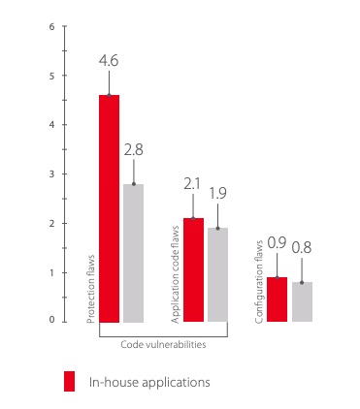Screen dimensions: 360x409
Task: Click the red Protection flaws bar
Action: click(109, 208)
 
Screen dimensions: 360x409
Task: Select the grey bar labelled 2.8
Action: click(134, 253)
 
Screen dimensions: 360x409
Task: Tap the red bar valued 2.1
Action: click(193, 270)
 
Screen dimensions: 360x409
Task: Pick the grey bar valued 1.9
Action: click(217, 275)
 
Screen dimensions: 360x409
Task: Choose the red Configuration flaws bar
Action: click(278, 299)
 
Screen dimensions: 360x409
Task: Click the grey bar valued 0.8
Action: click(302, 301)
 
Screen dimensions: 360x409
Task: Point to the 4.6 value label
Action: click(109, 61)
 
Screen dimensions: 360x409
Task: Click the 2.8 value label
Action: click(134, 150)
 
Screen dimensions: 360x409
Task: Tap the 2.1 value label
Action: click(192, 184)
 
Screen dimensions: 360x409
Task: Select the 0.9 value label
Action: click(277, 243)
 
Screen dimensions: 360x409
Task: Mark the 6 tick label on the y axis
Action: click(52, 26)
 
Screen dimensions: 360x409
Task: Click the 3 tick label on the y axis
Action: click(52, 174)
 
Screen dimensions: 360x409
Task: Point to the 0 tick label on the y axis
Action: click(52, 320)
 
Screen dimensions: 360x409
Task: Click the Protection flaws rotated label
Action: click(91, 289)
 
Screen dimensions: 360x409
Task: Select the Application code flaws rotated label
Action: click(175, 274)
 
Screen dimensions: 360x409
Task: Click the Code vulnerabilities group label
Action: click(163, 344)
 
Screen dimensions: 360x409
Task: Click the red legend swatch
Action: click(69, 381)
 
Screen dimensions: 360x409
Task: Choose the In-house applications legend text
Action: click(149, 383)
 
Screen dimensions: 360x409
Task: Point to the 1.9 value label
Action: click(217, 193)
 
